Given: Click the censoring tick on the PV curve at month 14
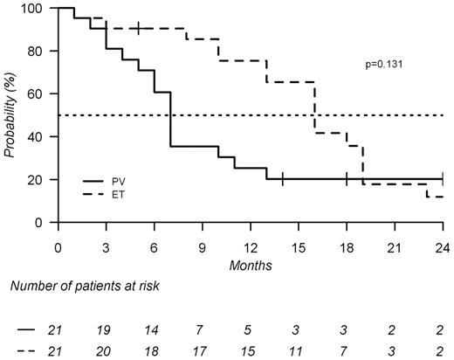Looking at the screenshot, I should click(x=283, y=179).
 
